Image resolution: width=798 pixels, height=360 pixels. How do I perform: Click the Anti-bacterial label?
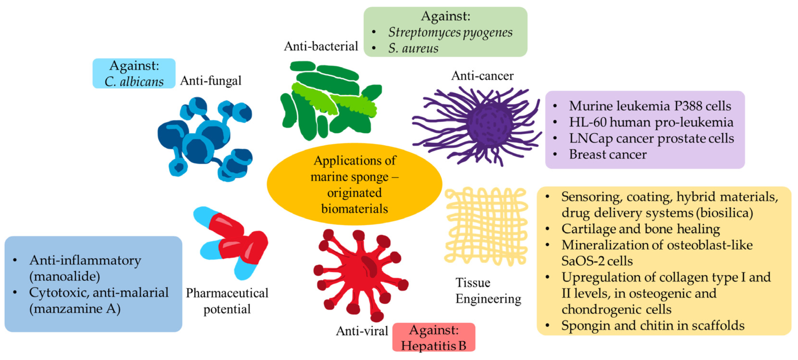click(321, 46)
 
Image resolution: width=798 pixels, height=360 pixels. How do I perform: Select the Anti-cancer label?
click(482, 76)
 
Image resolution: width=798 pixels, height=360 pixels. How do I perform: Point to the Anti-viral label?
click(362, 331)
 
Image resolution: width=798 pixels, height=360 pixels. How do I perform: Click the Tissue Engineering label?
click(488, 291)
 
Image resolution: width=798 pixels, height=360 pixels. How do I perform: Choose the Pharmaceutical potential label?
click(227, 301)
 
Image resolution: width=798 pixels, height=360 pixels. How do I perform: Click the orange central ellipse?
click(354, 184)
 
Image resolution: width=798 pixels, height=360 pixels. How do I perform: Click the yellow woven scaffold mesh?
click(486, 226)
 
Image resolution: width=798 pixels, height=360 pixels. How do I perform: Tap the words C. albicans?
click(134, 82)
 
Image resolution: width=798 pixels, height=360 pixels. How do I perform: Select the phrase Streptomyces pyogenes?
click(450, 33)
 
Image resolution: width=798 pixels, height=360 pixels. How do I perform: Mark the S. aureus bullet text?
click(413, 48)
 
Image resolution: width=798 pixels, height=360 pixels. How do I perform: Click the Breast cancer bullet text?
click(608, 154)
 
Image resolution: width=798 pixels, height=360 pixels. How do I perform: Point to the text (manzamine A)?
click(75, 309)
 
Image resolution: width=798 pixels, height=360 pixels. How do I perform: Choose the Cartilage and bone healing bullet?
click(640, 229)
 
